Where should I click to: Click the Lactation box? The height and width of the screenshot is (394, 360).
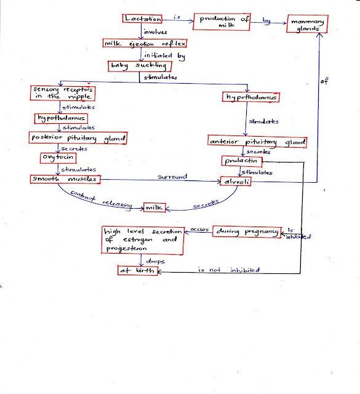143,21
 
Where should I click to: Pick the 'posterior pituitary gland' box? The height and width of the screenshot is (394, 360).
78,139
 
